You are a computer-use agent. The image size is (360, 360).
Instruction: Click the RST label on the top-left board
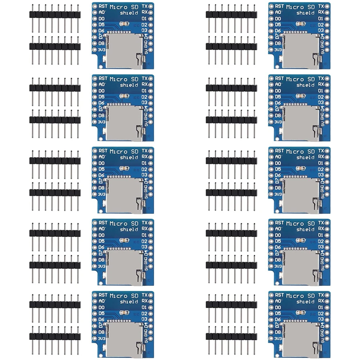click(103, 6)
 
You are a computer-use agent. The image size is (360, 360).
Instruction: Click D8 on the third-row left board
click(102, 188)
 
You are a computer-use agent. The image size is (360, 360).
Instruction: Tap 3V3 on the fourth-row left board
click(102, 266)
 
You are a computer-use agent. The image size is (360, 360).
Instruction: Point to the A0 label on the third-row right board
click(278, 157)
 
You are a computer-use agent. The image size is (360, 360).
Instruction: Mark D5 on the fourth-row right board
click(278, 241)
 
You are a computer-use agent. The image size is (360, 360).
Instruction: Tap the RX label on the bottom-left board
click(144, 301)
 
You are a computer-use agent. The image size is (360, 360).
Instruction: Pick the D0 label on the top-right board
click(278, 18)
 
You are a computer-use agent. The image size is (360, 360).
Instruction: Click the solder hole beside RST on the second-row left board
click(95, 78)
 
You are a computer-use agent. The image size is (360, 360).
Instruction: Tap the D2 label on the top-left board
click(144, 24)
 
